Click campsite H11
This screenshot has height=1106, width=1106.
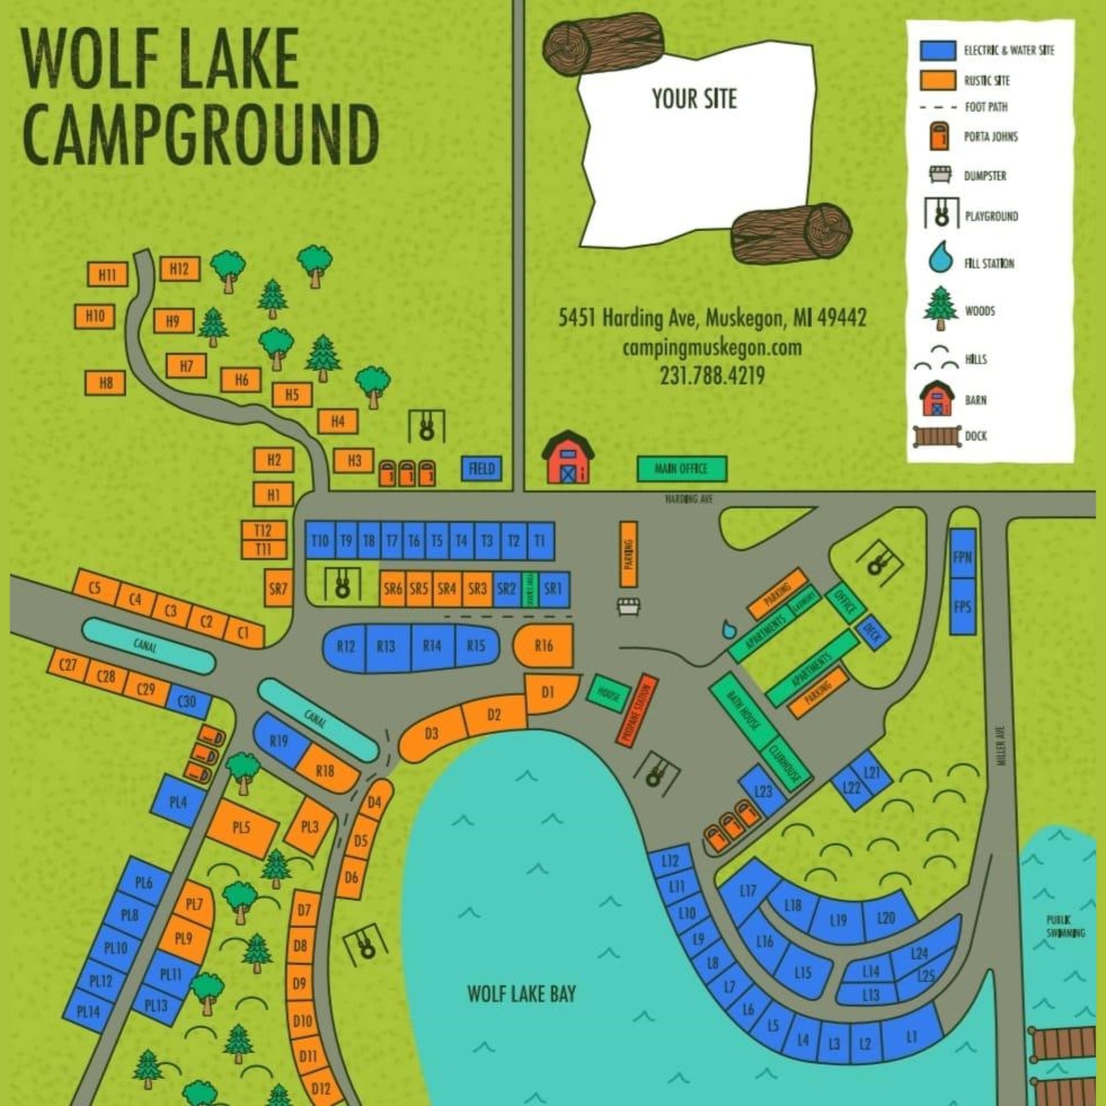[107, 275]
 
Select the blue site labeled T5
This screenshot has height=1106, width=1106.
[437, 541]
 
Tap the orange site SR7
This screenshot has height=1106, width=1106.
[278, 588]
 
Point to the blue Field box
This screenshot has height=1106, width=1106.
[481, 469]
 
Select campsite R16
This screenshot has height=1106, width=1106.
[544, 646]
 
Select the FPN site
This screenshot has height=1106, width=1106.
[962, 556]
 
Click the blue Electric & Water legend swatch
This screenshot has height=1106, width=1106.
[938, 50]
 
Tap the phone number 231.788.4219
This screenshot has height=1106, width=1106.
[712, 376]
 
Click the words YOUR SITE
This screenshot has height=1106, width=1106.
[694, 99]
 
